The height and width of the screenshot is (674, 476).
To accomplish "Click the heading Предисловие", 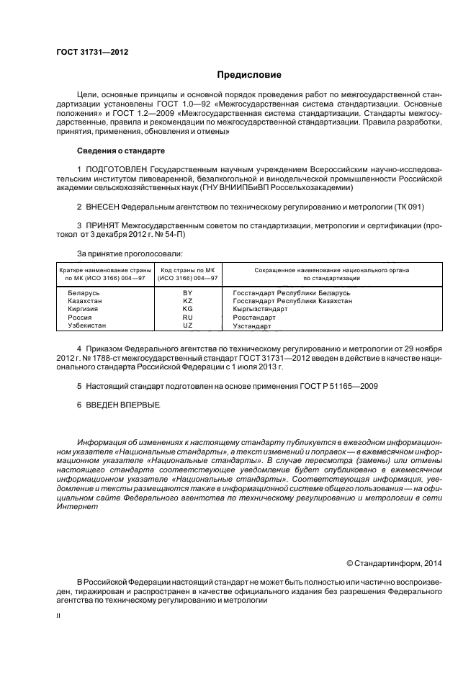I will tap(250, 75).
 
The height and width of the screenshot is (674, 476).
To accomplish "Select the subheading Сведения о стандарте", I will tap(121, 151).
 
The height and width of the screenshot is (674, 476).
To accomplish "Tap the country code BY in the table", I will tap(188, 294).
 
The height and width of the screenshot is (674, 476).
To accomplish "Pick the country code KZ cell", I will tap(188, 302).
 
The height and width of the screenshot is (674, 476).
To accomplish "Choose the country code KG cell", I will tap(188, 310).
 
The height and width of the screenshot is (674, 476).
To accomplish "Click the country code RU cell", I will tap(188, 318).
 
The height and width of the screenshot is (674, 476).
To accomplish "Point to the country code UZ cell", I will tap(188, 325).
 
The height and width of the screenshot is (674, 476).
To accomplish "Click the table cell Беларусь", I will tap(84, 294).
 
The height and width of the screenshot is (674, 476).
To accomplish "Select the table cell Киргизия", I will tap(83, 310).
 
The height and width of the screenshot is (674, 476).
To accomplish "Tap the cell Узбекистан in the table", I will tap(87, 325).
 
